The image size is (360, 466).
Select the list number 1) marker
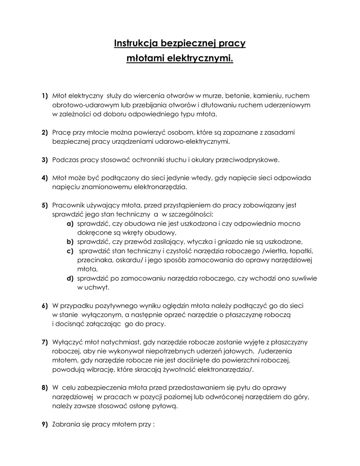(45, 96)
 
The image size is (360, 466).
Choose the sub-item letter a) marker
(70, 223)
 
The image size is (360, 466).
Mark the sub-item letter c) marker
(70, 251)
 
